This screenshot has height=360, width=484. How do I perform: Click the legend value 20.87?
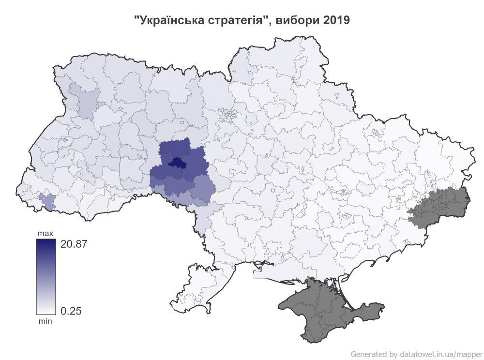tap(74, 244)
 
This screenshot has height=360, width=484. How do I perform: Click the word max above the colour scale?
tap(45, 234)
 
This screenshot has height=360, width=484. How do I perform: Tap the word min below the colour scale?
tap(45, 321)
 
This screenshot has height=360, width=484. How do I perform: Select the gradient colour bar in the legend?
tap(45, 277)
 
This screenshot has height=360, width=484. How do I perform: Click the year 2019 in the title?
tap(333, 21)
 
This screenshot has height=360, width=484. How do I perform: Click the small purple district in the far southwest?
tap(47, 200)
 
